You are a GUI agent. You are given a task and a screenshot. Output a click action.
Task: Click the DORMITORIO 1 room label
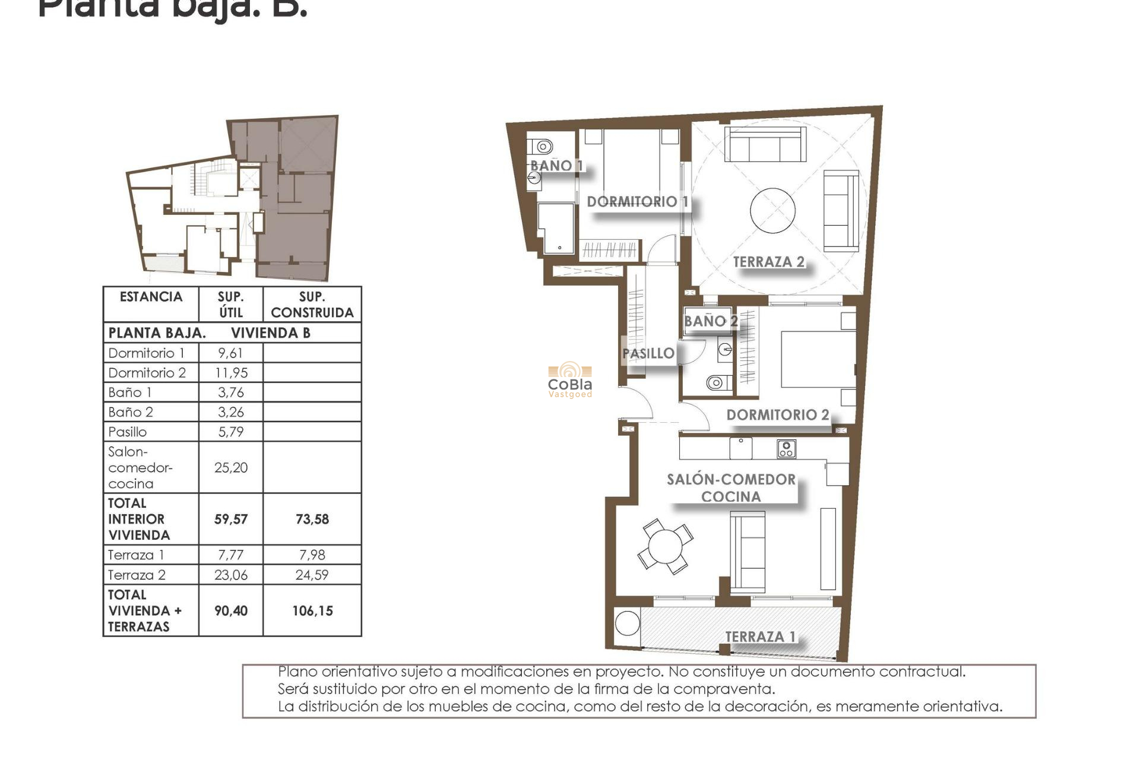coord(637,202)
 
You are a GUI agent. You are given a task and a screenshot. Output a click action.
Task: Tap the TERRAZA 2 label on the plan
coord(768,262)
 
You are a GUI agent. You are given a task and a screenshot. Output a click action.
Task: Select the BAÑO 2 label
coord(710,321)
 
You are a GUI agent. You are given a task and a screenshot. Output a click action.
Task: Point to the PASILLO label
coord(648,353)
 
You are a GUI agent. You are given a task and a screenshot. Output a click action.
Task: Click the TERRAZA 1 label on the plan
coord(760,636)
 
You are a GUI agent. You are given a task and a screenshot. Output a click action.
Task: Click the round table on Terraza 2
coord(772,211)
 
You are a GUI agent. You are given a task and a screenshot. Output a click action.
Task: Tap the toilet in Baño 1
coord(541,146)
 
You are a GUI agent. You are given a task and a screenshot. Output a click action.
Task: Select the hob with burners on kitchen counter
coord(786,449)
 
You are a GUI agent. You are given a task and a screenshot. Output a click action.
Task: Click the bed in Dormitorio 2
coord(816,359)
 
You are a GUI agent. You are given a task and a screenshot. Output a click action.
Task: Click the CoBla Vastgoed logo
coord(570,380)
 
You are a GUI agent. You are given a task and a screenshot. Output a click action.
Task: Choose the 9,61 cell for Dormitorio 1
coord(230,353)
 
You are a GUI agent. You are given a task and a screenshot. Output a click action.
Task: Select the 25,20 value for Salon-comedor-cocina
coord(230,468)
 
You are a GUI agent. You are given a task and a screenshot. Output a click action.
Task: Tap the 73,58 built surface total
coord(312,520)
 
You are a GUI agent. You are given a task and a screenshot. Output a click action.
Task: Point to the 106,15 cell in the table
coord(312,611)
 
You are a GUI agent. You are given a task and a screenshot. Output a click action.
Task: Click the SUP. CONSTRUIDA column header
coord(312,305)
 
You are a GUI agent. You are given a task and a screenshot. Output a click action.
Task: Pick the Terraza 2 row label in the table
coord(137,575)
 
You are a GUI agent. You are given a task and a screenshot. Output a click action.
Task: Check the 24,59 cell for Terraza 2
coord(312,575)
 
